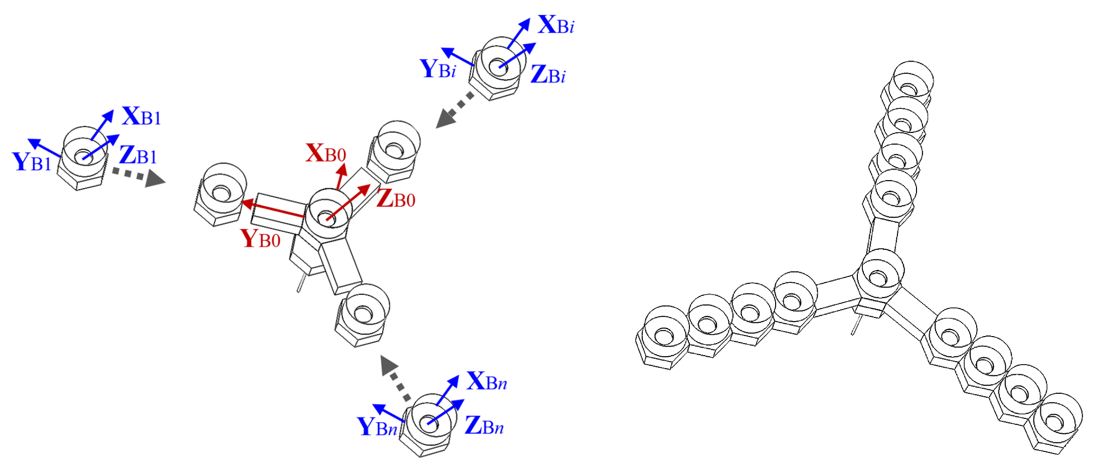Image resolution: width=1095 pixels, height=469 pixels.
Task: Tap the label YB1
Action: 32,162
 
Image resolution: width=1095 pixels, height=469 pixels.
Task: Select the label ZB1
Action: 138,155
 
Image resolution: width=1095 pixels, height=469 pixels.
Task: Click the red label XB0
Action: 326,153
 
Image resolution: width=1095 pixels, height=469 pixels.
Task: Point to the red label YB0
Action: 260,239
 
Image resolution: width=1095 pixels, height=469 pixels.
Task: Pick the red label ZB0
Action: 396,199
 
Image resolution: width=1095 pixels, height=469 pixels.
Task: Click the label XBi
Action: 556,25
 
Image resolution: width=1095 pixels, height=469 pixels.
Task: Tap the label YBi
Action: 438,69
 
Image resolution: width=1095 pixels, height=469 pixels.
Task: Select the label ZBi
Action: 548,75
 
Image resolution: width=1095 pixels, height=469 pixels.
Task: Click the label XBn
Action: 486,382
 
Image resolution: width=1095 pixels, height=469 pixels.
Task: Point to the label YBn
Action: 377,427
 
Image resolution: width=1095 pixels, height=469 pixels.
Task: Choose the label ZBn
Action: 484,426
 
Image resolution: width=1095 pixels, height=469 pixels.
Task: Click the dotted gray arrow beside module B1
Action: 138,176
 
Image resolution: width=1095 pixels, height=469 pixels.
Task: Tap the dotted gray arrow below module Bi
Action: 454,110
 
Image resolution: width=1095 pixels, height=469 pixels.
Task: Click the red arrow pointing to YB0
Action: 273,210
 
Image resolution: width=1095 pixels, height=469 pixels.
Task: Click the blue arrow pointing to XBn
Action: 447,390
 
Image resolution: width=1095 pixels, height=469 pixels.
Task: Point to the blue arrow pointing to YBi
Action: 457,57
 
